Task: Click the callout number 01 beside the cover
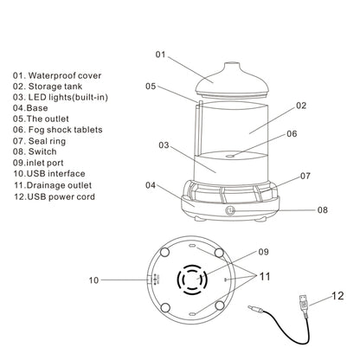[160, 55]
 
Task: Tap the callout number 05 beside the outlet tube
[151, 86]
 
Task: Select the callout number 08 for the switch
[323, 209]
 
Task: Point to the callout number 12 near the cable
[337, 296]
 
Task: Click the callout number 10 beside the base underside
[93, 280]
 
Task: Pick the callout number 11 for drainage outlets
[265, 276]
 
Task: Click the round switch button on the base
[229, 210]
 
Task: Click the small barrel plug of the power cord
[255, 309]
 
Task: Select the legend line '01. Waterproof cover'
[57, 75]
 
